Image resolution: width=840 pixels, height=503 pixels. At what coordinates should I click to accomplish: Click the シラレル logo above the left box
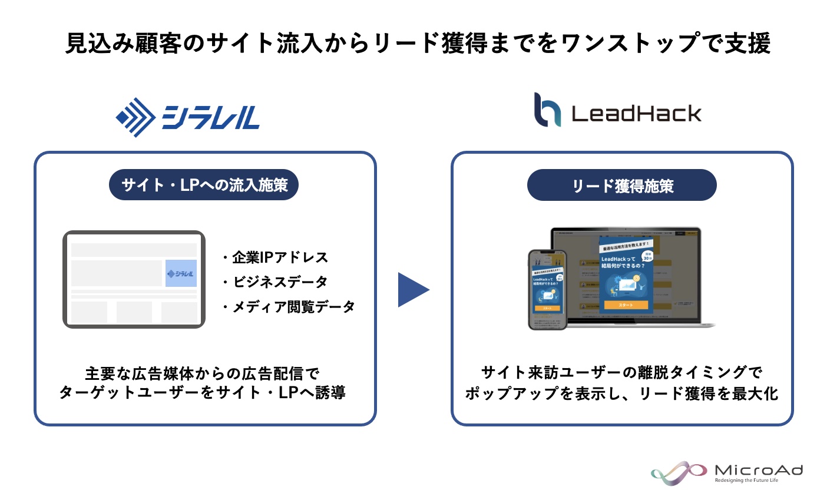coord(188,117)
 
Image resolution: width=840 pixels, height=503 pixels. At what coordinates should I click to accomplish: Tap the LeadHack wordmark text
coord(636,113)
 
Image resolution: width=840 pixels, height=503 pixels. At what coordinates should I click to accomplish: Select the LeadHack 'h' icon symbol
coord(547,110)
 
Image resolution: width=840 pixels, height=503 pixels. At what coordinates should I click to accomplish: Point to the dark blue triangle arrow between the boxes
coord(412,289)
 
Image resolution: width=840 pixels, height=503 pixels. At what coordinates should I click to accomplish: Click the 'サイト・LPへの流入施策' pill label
coord(204,185)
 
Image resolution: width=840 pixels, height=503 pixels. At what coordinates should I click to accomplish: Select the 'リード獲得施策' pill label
coord(621,186)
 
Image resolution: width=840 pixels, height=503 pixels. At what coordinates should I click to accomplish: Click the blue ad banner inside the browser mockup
coord(181,273)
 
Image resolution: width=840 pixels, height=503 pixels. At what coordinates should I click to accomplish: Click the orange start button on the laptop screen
coord(626,305)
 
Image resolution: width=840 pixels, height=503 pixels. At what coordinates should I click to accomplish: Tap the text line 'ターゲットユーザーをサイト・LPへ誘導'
coord(202,393)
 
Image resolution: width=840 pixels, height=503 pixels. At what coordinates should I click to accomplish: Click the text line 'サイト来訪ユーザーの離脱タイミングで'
coord(621,373)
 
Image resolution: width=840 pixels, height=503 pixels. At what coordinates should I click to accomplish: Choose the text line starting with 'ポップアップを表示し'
coord(621,393)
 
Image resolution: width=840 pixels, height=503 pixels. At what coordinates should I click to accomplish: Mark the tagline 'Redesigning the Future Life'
coord(746,481)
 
